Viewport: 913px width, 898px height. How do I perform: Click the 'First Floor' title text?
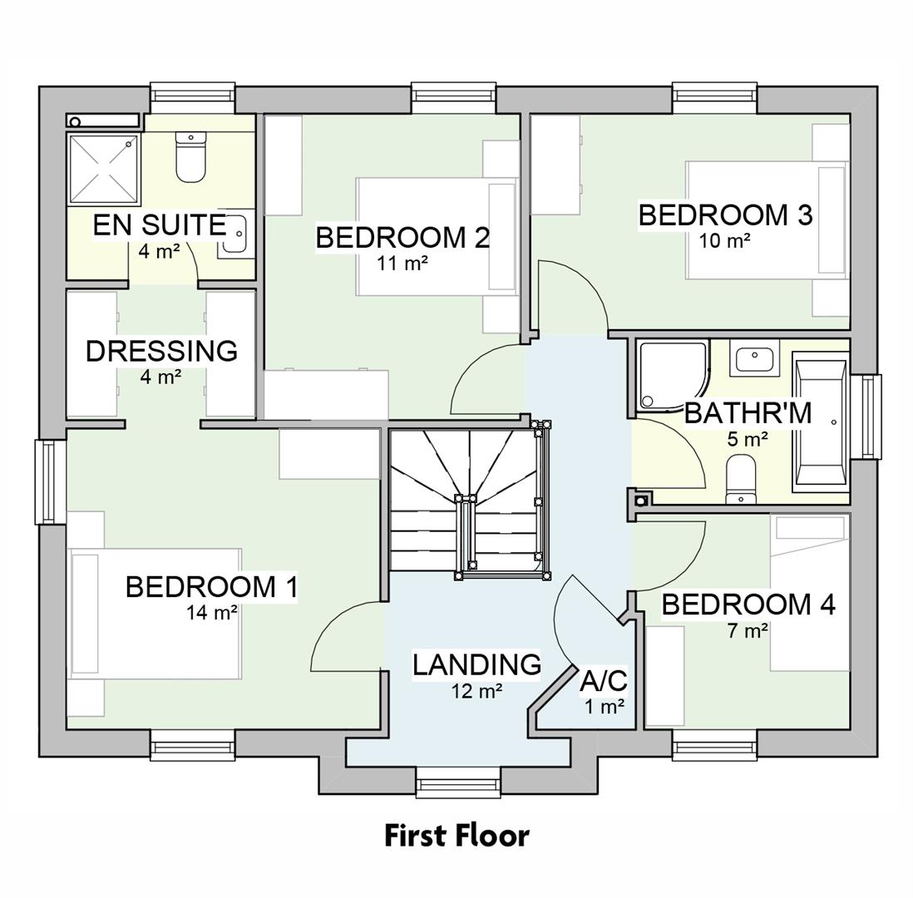click(456, 835)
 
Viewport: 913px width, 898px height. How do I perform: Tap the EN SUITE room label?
click(159, 225)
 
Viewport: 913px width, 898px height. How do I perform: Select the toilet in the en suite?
click(190, 158)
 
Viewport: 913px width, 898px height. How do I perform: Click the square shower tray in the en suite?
click(102, 169)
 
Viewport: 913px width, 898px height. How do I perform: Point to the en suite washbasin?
click(235, 234)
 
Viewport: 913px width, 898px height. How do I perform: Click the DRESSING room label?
click(161, 351)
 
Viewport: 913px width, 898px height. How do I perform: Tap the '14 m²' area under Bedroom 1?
click(212, 613)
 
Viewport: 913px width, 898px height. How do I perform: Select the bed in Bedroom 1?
click(155, 614)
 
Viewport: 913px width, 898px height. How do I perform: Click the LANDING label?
click(476, 664)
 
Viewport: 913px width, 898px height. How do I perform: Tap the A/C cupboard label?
click(603, 681)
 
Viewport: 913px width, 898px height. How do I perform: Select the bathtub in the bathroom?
click(820, 422)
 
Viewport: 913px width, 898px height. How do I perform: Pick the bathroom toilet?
click(741, 479)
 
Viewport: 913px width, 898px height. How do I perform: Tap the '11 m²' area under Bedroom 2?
click(402, 264)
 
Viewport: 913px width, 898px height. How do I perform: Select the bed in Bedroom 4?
click(809, 592)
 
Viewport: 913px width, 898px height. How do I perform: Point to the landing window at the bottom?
click(457, 782)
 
